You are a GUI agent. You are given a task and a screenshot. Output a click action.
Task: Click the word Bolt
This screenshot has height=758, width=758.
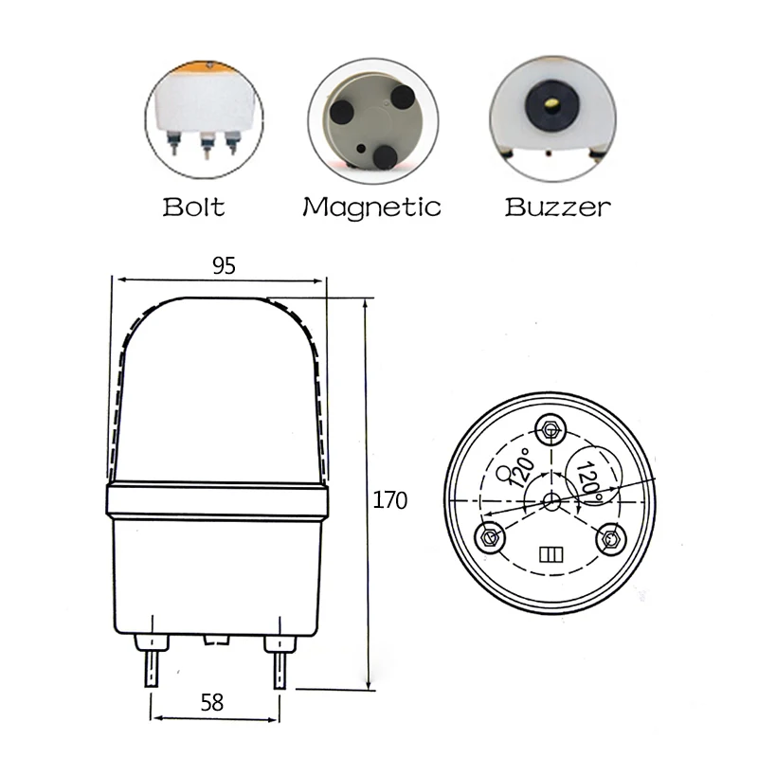tap(193, 206)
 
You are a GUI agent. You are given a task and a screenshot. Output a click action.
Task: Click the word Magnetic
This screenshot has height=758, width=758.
tap(371, 206)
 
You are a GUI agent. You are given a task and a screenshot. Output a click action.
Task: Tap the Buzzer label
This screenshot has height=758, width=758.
tap(557, 206)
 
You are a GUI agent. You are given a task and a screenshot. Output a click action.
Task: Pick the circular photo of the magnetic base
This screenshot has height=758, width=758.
tap(373, 118)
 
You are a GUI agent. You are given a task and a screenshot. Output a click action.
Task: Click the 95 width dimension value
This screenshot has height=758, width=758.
tap(224, 266)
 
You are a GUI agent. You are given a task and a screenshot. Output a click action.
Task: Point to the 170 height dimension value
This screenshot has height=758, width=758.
tap(389, 500)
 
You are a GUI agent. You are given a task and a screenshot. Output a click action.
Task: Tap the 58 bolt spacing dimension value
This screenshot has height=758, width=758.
tap(213, 702)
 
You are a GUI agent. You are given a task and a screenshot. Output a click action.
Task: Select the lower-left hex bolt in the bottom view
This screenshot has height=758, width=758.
tap(491, 537)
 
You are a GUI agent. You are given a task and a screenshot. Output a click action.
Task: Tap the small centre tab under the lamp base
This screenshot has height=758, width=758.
tap(216, 640)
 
